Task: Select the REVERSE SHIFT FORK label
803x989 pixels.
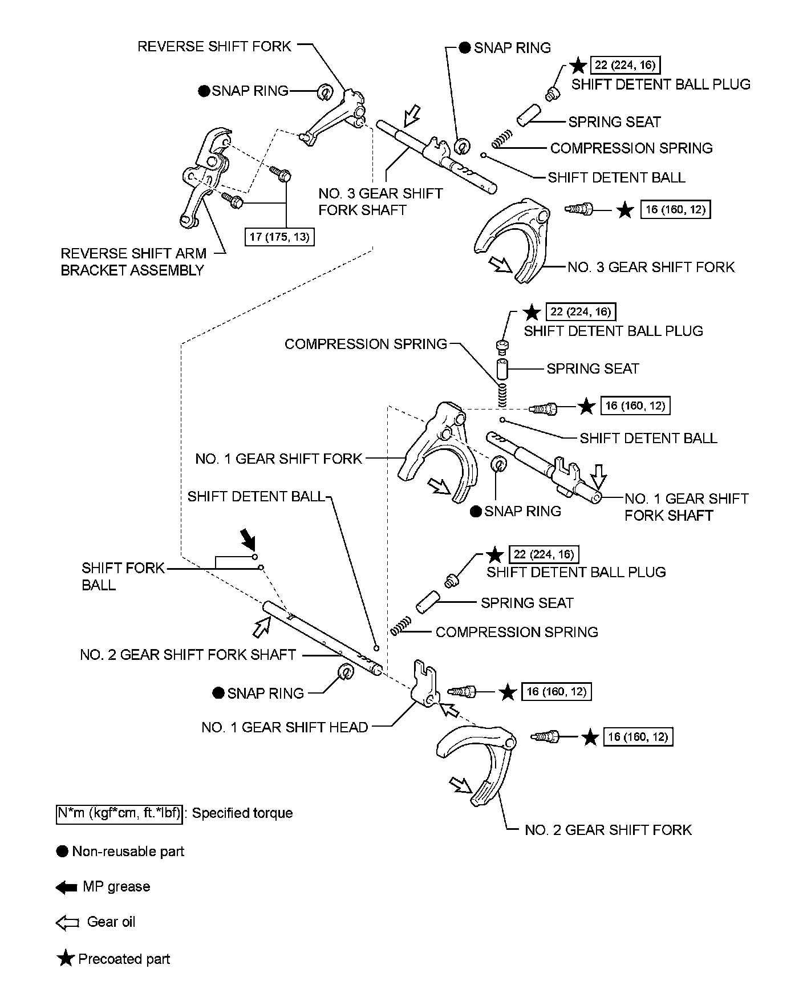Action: [x=214, y=46]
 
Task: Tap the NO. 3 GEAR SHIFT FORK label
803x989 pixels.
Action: [x=651, y=267]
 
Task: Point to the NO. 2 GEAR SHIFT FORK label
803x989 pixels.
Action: [x=608, y=829]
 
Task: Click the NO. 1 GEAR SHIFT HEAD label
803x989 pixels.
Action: [x=285, y=727]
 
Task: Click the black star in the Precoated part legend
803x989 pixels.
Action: [x=66, y=959]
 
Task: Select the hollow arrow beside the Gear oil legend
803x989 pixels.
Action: [x=67, y=923]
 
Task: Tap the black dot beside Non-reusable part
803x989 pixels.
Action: [x=62, y=852]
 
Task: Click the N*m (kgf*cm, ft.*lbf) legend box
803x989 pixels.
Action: [x=119, y=813]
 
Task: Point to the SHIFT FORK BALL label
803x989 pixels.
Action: [x=123, y=576]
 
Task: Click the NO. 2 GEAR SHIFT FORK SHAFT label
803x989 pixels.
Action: [x=188, y=655]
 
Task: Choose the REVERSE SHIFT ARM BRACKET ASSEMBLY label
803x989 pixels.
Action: [x=133, y=262]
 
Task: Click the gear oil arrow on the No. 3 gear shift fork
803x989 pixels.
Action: [x=500, y=264]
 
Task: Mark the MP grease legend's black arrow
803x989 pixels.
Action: [x=67, y=887]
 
